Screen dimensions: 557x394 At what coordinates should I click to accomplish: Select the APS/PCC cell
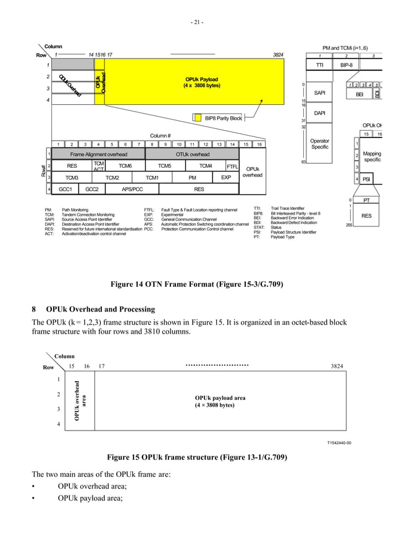[132, 189]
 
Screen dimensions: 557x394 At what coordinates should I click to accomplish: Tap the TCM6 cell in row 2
[125, 166]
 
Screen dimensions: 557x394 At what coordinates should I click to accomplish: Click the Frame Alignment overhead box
[98, 154]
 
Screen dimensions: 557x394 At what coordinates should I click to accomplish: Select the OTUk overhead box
[192, 154]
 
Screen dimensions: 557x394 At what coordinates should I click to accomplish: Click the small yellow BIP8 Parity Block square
[198, 117]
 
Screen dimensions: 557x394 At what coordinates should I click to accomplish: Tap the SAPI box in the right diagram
[320, 93]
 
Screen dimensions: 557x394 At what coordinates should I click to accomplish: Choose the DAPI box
[320, 113]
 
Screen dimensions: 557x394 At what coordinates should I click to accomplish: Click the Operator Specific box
[320, 144]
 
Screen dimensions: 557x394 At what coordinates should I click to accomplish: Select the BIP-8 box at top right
[346, 64]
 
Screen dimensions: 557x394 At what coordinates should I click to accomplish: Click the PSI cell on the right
[367, 179]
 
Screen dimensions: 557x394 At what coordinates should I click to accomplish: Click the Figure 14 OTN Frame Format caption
[196, 284]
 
